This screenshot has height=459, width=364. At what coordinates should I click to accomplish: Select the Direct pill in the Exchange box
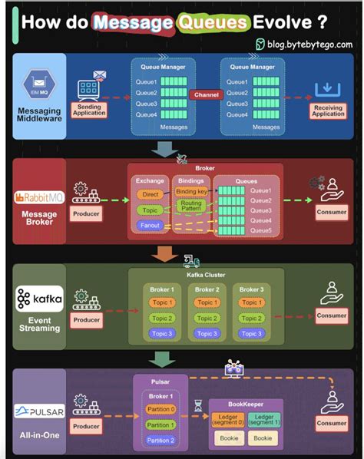(x=150, y=195)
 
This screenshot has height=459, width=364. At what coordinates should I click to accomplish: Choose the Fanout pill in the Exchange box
(x=150, y=225)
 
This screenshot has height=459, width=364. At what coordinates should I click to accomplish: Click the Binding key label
(x=190, y=191)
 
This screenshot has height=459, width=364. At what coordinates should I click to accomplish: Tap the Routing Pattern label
(x=190, y=206)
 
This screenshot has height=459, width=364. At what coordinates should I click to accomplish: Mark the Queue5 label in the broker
(x=260, y=230)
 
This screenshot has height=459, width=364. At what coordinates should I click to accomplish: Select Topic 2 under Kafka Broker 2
(x=205, y=318)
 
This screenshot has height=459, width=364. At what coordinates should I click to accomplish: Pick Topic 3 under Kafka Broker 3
(x=252, y=333)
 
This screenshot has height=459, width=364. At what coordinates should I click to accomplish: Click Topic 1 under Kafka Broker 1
(x=161, y=302)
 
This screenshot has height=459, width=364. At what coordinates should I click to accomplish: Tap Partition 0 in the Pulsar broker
(x=160, y=409)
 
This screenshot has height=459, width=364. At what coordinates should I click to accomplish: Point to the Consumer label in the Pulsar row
(x=330, y=423)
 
